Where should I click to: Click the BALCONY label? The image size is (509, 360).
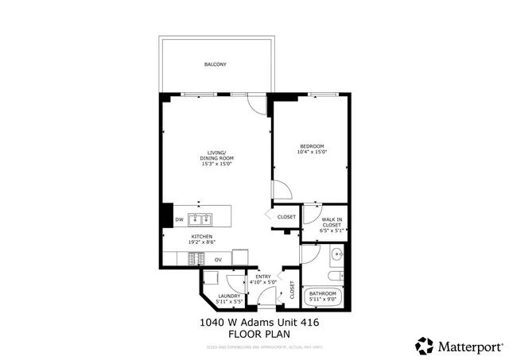(x=215, y=64)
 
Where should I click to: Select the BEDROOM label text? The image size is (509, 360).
(x=312, y=145)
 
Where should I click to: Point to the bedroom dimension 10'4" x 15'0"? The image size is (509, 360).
(x=312, y=152)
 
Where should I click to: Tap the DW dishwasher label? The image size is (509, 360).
(x=180, y=219)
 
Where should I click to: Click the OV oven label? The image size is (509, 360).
(x=218, y=260)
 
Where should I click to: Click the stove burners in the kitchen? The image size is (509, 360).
(x=195, y=259)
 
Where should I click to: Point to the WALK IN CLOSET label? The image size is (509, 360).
(x=332, y=223)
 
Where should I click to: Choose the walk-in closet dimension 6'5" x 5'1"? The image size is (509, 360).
(x=332, y=231)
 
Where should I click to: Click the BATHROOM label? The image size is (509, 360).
(x=324, y=293)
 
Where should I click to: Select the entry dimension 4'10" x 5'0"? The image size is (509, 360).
(x=263, y=282)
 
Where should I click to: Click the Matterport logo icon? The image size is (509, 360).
(x=425, y=346)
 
